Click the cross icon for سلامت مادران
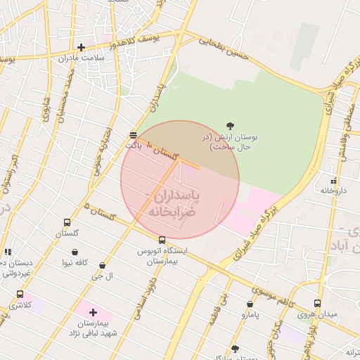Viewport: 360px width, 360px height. tap(82, 48)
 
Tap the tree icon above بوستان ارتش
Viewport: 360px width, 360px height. tap(230, 126)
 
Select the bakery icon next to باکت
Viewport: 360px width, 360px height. tap(133, 134)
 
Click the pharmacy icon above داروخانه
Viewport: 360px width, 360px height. tap(334, 181)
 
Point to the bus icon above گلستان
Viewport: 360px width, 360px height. tap(67, 222)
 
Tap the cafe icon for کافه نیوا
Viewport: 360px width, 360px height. tap(75, 252)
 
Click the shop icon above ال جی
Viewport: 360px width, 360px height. tap(103, 266)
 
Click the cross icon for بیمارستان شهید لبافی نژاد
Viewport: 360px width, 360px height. tap(93, 311)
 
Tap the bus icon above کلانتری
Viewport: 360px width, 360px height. tap(20, 295)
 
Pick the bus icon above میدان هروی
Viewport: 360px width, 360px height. tap(317, 303)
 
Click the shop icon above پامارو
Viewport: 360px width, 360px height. tap(250, 304)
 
